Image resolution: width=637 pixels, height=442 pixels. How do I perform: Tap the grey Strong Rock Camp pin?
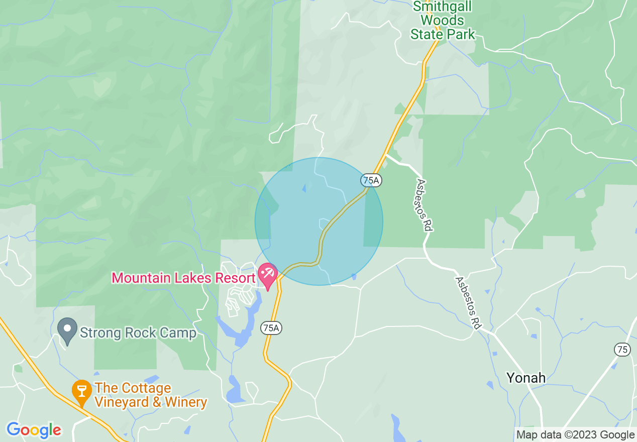point(67,330)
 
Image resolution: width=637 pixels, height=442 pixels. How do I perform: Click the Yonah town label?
point(526,378)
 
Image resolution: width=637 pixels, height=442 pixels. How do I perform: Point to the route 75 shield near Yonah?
point(623,350)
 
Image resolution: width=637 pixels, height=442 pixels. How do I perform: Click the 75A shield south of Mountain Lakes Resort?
point(270,328)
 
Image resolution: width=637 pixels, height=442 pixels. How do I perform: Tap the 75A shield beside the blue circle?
point(370,180)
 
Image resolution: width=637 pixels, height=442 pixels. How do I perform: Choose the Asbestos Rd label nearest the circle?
point(424,205)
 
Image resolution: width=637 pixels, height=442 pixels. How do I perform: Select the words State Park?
point(443,34)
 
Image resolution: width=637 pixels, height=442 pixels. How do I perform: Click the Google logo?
point(34,430)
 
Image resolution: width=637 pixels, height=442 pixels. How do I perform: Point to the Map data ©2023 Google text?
point(575,435)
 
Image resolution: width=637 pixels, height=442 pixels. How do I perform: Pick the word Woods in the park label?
point(442,21)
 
